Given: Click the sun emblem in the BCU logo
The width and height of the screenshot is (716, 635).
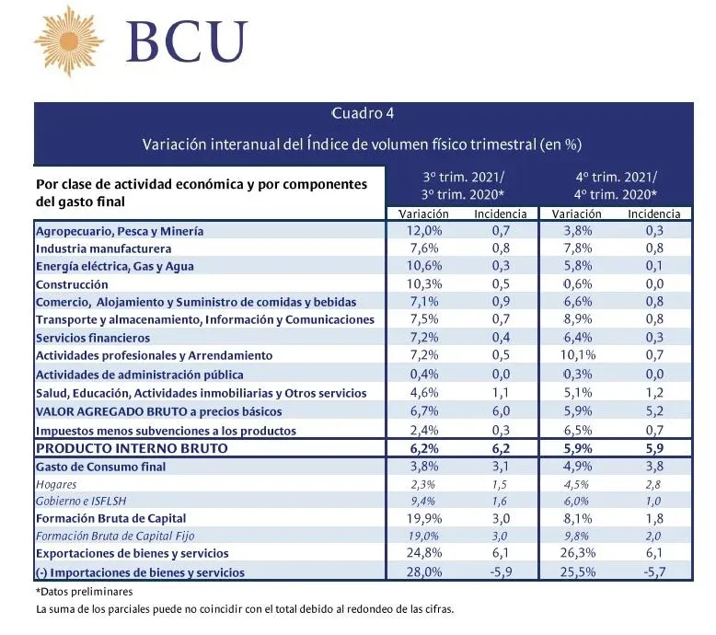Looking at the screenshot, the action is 69,40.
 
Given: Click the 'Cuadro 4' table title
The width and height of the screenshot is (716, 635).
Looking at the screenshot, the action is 363,113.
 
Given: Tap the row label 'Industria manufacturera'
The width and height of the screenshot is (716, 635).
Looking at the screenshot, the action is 104,248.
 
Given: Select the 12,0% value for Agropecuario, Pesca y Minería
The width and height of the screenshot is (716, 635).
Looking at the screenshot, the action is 424,231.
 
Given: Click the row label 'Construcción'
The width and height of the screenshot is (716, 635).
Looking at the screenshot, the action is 72,284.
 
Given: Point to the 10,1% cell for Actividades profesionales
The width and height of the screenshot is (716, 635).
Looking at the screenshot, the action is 578,354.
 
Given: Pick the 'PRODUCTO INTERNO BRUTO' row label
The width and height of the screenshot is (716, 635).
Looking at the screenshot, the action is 132,448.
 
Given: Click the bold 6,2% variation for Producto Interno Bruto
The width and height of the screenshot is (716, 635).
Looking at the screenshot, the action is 424,448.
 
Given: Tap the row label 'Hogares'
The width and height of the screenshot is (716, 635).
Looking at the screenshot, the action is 56,484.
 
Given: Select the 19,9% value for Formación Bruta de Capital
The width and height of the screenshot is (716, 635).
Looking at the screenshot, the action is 424,518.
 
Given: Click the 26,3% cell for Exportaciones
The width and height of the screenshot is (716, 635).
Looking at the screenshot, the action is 578,553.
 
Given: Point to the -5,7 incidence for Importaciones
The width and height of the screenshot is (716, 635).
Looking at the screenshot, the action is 654,571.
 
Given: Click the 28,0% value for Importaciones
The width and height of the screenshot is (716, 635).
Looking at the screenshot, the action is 424,571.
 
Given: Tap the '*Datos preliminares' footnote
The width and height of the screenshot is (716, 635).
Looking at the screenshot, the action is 84,592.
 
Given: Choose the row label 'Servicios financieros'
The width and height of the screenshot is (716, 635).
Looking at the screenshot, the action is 93,338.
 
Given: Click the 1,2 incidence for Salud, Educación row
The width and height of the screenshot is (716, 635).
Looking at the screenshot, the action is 654,392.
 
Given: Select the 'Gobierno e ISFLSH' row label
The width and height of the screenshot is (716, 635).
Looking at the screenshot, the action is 81,501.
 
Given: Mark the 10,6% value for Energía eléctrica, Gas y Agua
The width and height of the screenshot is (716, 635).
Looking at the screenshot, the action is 424,266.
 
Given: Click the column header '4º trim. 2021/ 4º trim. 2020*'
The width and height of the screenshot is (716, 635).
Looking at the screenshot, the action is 616,186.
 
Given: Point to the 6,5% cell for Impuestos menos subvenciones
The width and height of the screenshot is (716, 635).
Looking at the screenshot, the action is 578,430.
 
